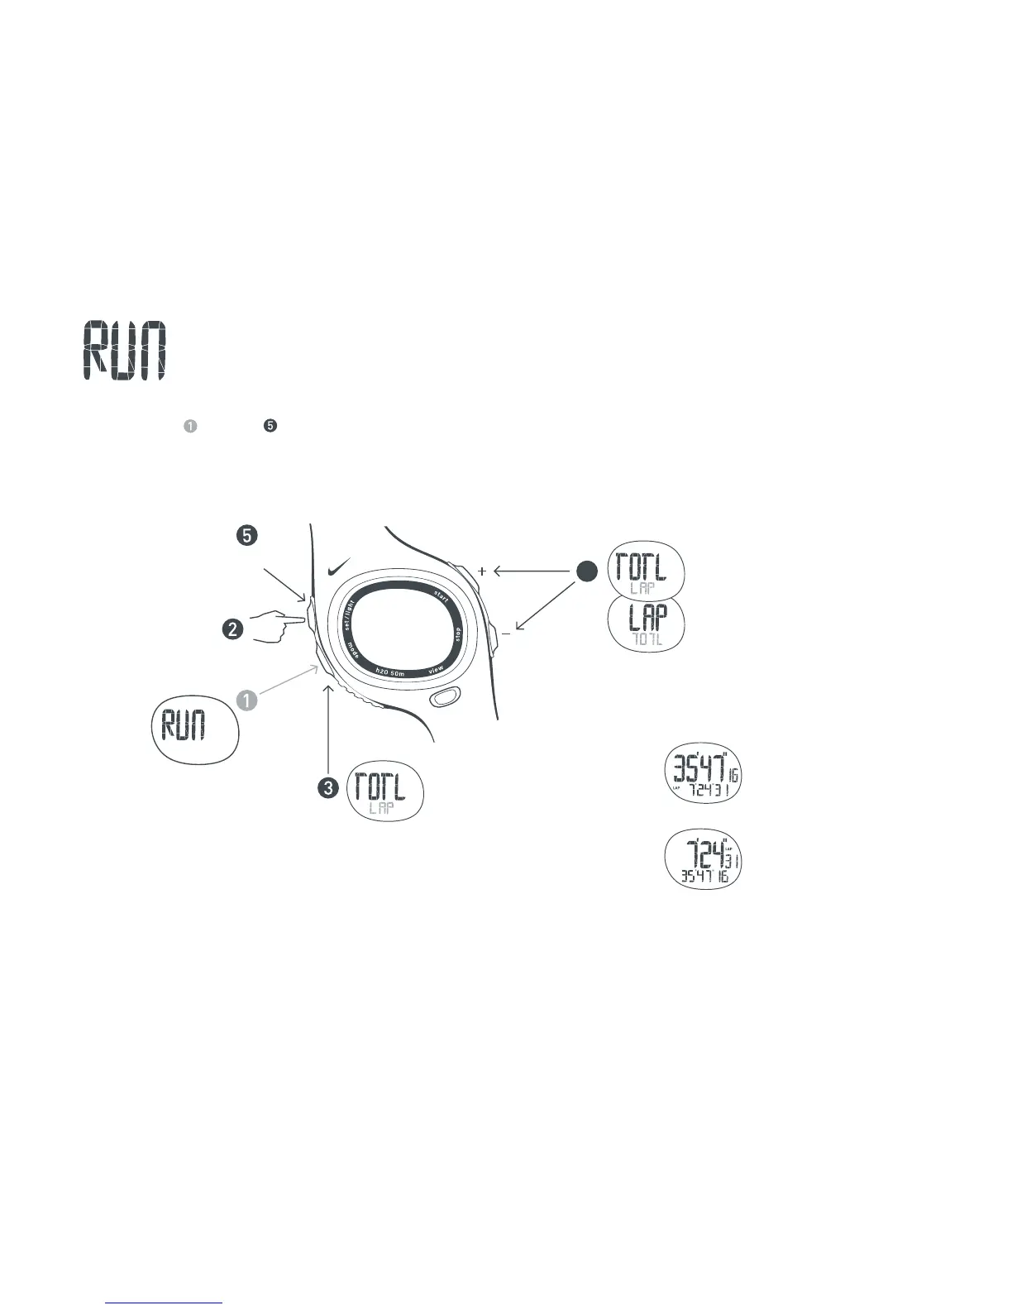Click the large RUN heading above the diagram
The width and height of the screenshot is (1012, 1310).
[125, 351]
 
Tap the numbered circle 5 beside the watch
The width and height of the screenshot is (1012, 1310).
[246, 536]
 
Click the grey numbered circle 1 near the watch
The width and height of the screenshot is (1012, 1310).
[246, 700]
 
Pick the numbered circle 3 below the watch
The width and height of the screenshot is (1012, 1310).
[329, 788]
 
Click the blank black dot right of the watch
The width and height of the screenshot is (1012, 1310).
[586, 571]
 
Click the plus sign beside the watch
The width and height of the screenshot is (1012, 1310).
[482, 571]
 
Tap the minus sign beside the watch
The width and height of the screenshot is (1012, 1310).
[505, 634]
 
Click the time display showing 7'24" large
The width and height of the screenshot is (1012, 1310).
[703, 858]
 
